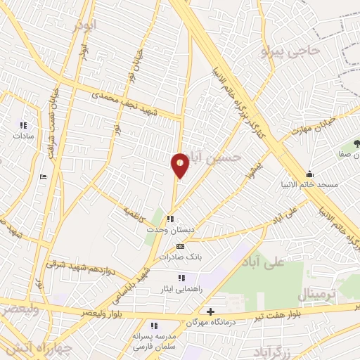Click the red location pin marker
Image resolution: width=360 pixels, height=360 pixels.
[x=180, y=165]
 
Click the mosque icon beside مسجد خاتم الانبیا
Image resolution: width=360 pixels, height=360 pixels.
[x=309, y=174]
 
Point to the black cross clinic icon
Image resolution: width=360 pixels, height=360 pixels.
[x=210, y=311]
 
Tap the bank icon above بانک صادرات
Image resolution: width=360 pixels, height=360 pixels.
[x=180, y=247]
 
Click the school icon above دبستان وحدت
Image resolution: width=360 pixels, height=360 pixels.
[x=169, y=219]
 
